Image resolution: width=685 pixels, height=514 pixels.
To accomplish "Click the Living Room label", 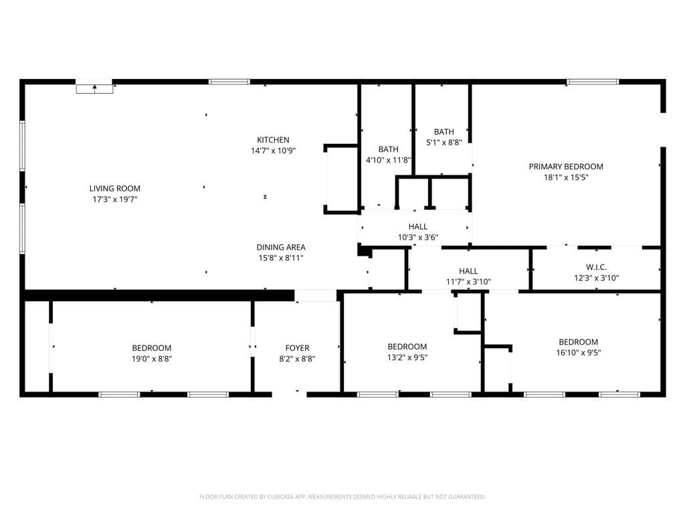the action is coord(115,188).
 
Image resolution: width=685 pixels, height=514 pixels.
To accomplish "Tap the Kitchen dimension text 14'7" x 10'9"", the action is coord(273,151).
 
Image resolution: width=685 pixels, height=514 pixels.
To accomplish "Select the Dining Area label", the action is coord(281,247).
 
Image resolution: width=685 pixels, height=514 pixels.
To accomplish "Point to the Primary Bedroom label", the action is coord(566,167).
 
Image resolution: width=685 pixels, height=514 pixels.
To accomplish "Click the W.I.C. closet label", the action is coord(596,267).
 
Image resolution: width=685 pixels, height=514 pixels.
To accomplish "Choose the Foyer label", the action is coord(297,348).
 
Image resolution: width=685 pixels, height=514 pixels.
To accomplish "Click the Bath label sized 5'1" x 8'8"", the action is coord(444,132).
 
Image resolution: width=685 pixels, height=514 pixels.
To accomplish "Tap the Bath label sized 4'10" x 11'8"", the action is coord(389,149).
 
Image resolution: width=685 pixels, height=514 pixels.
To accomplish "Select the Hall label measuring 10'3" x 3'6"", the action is coord(418,226).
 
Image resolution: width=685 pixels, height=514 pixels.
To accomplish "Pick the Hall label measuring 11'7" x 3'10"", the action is coord(468,271).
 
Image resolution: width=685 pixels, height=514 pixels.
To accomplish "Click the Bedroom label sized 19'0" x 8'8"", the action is coord(152,348).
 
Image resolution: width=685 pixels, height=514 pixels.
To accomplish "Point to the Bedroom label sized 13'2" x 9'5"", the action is coord(407,347).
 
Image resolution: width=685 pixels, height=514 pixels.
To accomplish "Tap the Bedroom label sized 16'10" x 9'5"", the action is coord(579,342).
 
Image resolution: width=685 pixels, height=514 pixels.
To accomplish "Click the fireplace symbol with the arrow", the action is coord(95,88).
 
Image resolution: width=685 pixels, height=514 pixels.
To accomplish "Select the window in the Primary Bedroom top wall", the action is coord(593,82).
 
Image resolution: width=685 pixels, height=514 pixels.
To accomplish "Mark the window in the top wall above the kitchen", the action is coord(229,82).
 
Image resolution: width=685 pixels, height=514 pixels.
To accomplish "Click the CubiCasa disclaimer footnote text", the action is coord(342,497).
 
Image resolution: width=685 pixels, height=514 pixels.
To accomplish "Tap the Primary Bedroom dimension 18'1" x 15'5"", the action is coord(566,177).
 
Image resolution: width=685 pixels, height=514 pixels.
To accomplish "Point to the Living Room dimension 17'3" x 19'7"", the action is coord(115,199).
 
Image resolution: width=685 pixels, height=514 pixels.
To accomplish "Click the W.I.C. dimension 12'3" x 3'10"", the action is coord(596,278).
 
